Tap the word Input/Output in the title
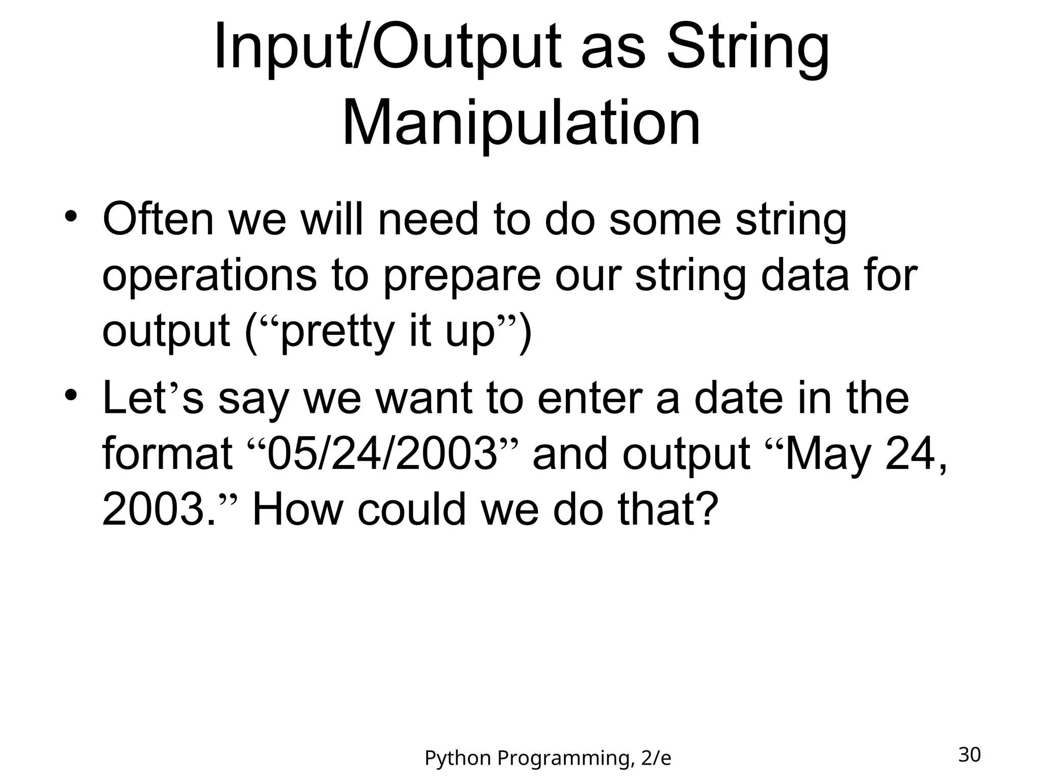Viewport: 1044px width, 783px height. [x=387, y=48]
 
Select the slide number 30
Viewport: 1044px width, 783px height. [x=969, y=754]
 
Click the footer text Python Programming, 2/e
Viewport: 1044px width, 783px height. [x=547, y=759]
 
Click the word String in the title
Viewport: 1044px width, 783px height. [x=748, y=48]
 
